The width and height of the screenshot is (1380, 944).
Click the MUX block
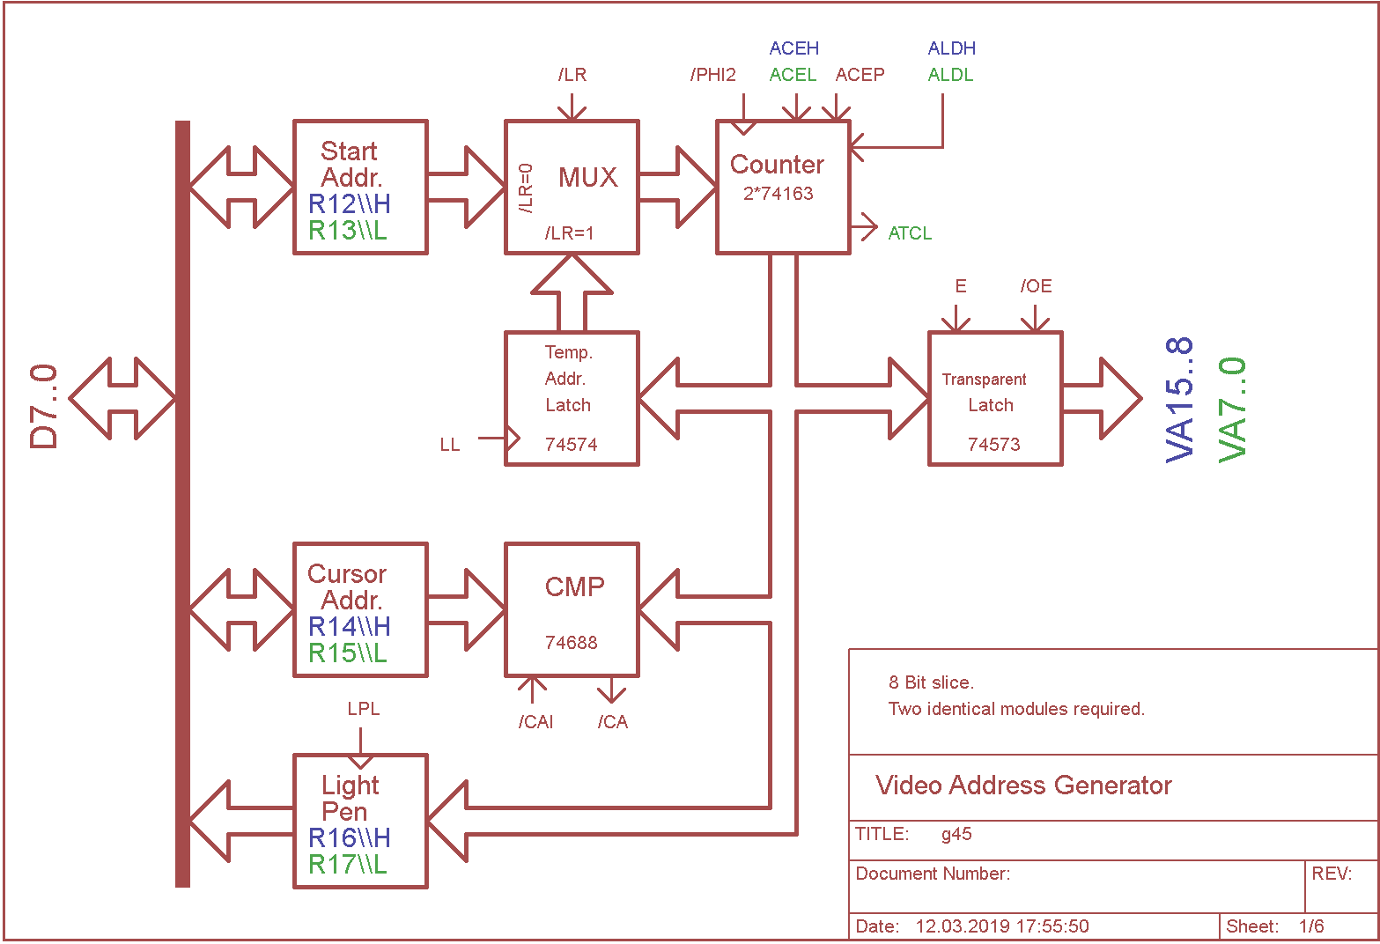(x=572, y=187)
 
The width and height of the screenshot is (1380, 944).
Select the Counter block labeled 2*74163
(x=783, y=187)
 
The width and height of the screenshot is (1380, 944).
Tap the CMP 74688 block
(x=572, y=609)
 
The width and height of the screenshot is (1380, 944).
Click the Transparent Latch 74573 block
(x=995, y=398)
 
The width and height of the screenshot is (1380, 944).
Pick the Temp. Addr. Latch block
(x=572, y=398)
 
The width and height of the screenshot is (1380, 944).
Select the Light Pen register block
(x=360, y=821)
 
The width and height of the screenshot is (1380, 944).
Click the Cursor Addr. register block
(x=360, y=609)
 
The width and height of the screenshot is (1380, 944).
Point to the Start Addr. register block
(x=360, y=187)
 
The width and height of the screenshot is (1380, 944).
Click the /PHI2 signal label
(x=712, y=75)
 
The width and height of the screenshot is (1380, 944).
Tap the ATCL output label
(x=910, y=233)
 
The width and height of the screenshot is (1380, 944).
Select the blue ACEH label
(x=793, y=48)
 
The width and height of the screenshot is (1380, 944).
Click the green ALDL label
(x=950, y=75)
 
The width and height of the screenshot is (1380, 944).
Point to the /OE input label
(x=1036, y=286)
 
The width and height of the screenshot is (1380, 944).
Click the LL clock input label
(x=450, y=445)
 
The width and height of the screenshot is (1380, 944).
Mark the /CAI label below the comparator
(x=535, y=722)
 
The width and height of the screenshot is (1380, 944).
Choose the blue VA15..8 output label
(x=1179, y=399)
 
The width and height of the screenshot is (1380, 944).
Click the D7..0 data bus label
(x=44, y=407)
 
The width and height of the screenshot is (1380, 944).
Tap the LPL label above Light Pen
(x=363, y=709)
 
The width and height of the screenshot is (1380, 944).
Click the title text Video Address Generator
(x=1023, y=785)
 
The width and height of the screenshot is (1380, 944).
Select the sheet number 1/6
(x=1311, y=926)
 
